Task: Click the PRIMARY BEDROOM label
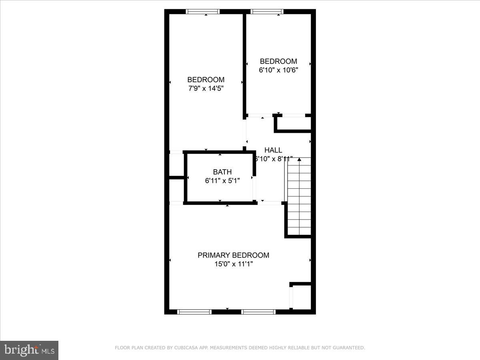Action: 233,255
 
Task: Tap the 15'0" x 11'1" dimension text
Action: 233,264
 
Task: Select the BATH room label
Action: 222,172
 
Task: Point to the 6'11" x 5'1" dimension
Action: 222,180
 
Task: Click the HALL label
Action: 273,150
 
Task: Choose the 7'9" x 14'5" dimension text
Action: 206,88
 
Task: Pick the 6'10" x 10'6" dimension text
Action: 278,70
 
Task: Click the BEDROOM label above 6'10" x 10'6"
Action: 278,61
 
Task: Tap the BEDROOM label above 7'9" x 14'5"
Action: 206,80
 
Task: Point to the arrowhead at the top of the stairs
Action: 299,159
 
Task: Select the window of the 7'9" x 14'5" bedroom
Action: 203,12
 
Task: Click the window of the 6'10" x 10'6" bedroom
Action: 267,12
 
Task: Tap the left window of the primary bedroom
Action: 194,312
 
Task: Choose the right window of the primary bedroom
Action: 259,312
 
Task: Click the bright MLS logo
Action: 29,350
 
